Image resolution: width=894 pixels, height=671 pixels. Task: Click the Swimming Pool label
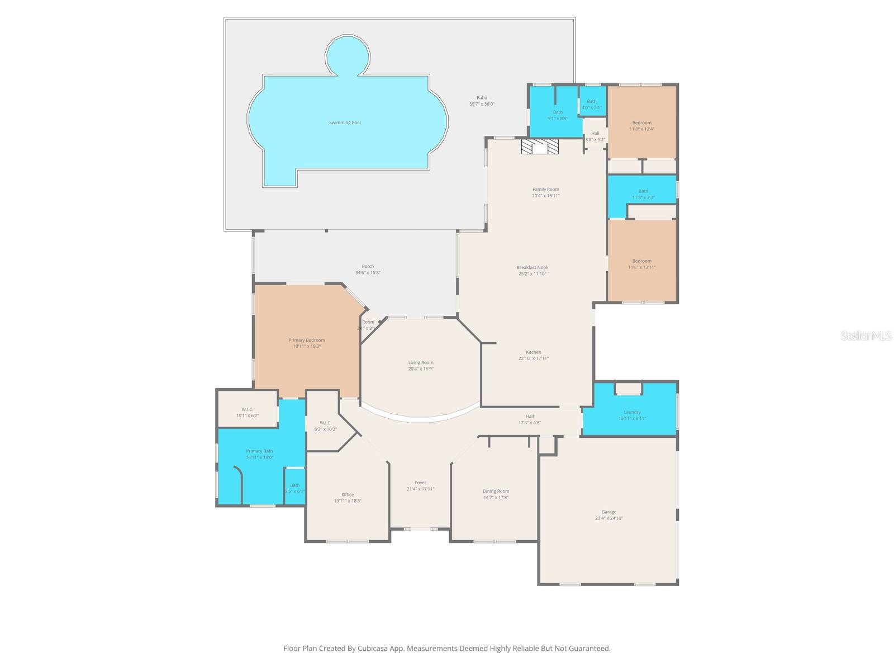(x=345, y=122)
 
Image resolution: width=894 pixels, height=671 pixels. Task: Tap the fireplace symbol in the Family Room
(x=540, y=147)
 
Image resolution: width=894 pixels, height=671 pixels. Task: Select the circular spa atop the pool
(x=348, y=55)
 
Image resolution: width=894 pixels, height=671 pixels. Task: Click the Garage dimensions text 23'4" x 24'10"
(x=608, y=518)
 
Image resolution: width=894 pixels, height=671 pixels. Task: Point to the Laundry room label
(x=632, y=412)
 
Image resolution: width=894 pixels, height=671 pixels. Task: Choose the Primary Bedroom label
(x=307, y=340)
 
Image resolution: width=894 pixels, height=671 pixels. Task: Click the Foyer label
(x=420, y=483)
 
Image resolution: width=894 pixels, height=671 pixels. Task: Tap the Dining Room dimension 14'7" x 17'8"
(x=496, y=497)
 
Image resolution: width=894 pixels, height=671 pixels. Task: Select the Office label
(x=348, y=494)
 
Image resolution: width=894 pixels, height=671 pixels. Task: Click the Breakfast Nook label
(x=532, y=267)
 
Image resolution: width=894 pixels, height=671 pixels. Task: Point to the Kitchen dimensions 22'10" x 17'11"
(x=533, y=358)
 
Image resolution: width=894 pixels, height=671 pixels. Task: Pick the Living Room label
(x=420, y=362)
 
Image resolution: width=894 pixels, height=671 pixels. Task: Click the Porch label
(x=368, y=266)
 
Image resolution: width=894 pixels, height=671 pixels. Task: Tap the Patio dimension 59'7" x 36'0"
(x=482, y=104)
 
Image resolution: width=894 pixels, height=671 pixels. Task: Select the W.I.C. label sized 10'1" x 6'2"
(x=247, y=409)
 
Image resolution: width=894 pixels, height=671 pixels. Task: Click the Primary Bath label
(x=259, y=451)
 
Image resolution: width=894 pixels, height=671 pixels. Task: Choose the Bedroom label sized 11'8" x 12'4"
(x=641, y=122)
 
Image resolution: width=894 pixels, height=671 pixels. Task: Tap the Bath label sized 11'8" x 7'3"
(x=643, y=191)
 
